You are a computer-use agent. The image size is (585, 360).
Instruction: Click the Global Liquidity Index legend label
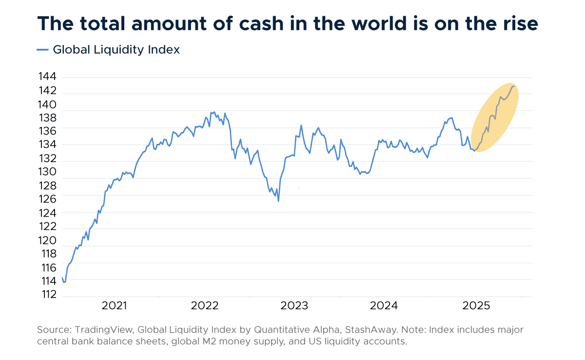[x=116, y=49]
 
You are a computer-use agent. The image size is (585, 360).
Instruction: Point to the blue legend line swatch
[x=43, y=49]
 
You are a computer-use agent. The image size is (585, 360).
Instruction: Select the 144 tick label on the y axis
[x=47, y=77]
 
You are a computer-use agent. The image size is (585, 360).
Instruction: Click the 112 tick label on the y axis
[x=47, y=295]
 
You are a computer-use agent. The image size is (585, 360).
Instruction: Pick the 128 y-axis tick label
[x=47, y=186]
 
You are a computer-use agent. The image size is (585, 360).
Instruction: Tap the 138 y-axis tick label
[x=47, y=118]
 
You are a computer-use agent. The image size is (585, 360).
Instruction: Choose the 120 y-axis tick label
[x=47, y=240]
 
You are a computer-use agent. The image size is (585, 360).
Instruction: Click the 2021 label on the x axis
[x=114, y=306]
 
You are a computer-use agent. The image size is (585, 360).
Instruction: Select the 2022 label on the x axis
[x=204, y=306]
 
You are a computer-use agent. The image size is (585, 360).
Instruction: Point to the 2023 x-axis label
[x=294, y=306]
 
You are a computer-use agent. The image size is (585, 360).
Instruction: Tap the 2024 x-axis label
[x=384, y=306]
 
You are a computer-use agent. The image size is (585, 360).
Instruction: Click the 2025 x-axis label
[x=476, y=306]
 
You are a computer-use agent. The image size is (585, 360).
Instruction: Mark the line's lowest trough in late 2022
[x=278, y=201]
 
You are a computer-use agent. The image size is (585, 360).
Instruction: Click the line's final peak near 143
[x=513, y=86]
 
